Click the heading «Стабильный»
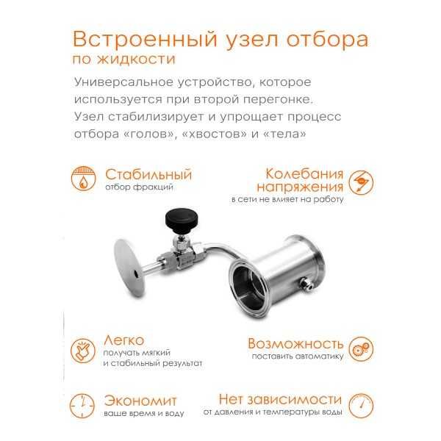point(148,175)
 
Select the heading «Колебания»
point(304,175)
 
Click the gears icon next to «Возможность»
point(359,348)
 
